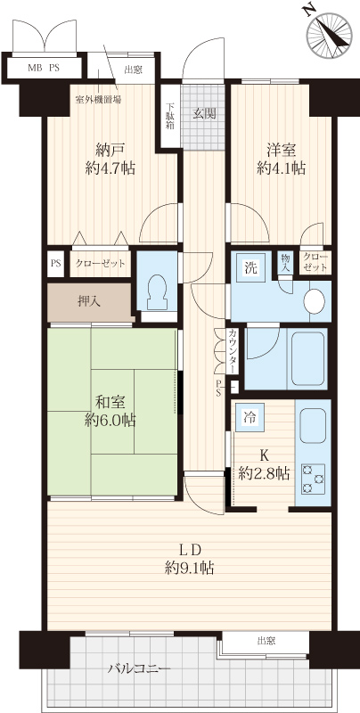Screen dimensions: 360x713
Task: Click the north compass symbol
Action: [x=329, y=33]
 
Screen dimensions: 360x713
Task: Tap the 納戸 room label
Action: [x=110, y=149]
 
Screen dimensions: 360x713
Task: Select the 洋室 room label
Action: [x=282, y=149]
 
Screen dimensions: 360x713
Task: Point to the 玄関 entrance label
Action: [x=203, y=114]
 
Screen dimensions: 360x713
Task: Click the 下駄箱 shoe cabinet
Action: [x=169, y=116]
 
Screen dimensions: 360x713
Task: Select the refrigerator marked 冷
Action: [x=250, y=417]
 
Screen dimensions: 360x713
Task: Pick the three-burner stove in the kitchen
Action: [x=314, y=479]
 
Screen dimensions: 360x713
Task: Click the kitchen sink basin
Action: [x=313, y=426]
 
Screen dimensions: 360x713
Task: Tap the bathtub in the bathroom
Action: [x=308, y=358]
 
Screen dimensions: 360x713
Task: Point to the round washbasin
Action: [x=315, y=302]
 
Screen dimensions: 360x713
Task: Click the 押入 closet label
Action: [x=89, y=301]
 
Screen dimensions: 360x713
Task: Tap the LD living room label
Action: [x=189, y=550]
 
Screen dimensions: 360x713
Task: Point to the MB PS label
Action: [x=44, y=69]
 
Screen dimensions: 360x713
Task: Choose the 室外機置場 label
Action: [x=99, y=100]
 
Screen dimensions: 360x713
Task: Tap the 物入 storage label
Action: [x=285, y=263]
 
